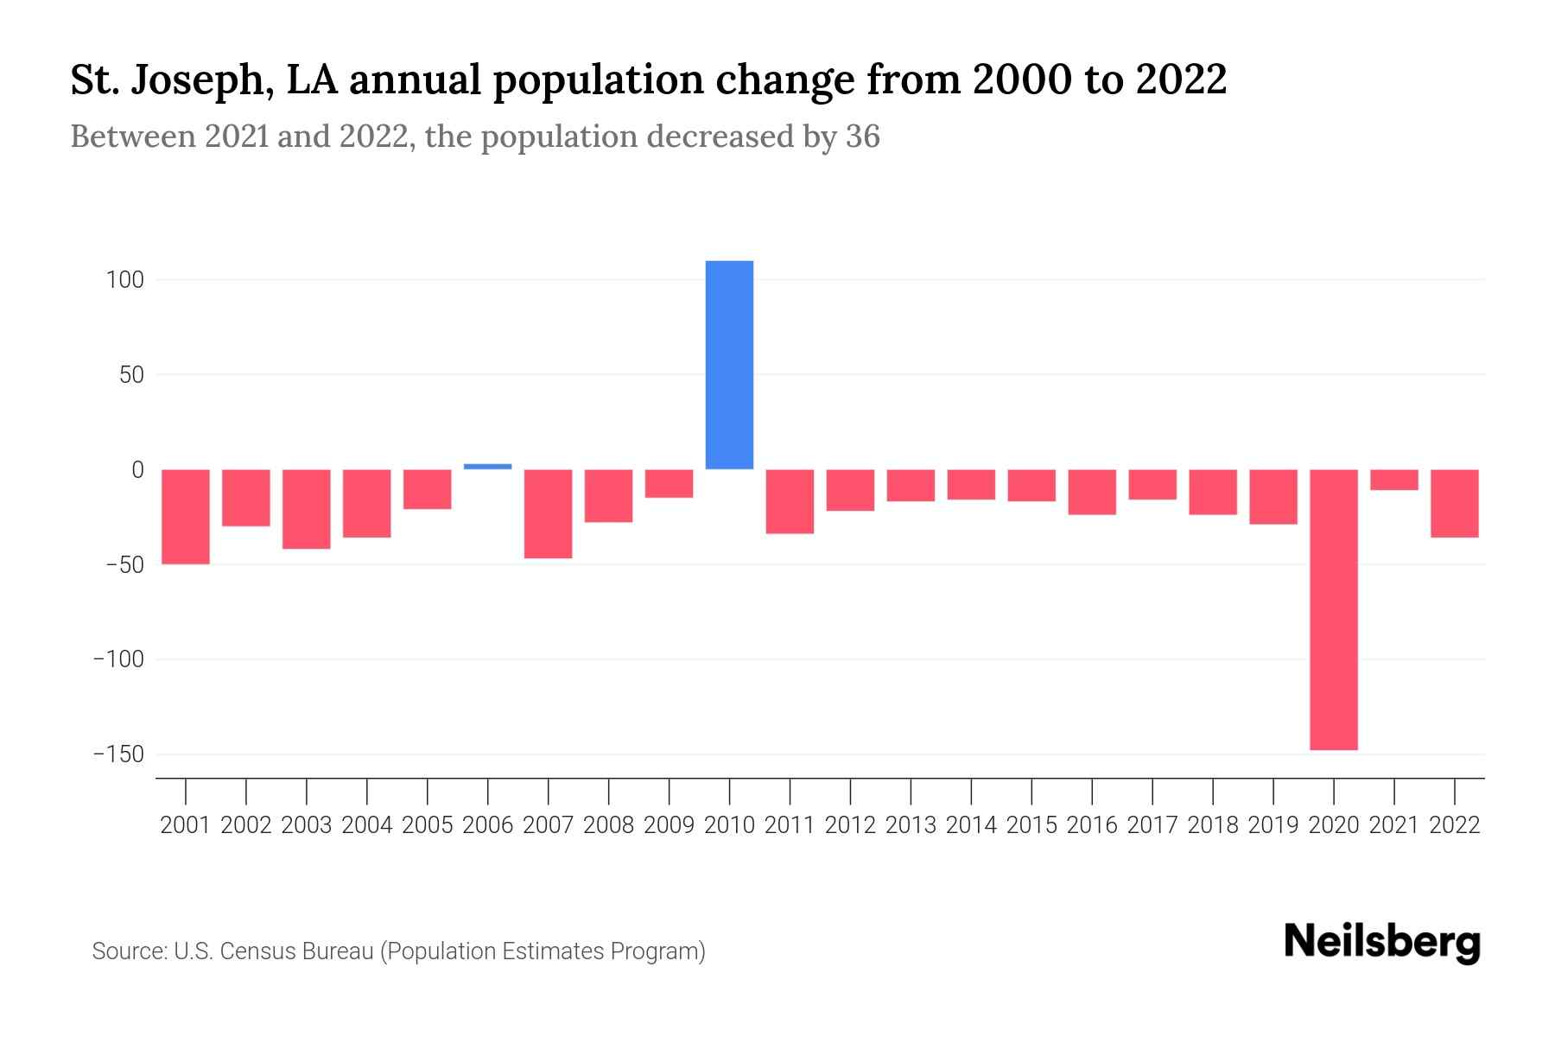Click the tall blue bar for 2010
point(729,365)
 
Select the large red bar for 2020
point(1333,609)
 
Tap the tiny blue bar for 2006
point(487,467)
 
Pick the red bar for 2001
point(186,517)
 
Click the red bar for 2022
point(1454,504)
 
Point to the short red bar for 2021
point(1393,480)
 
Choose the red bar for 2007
point(548,514)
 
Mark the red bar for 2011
point(790,501)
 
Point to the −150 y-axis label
point(118,754)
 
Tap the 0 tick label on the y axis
point(137,470)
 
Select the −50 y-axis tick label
point(124,565)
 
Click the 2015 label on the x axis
point(1031,825)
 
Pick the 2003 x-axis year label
point(307,825)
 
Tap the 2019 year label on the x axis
point(1273,825)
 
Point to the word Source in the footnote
point(129,951)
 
